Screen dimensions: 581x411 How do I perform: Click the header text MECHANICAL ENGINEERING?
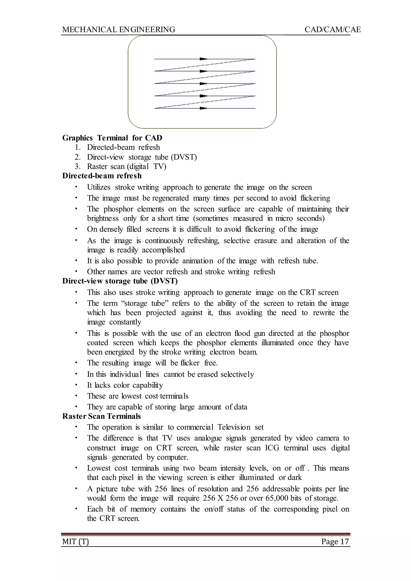pyautogui.click(x=118, y=30)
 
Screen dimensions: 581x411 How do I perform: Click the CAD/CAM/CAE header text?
pyautogui.click(x=333, y=30)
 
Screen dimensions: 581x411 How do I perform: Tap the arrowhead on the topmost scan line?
pyautogui.click(x=203, y=59)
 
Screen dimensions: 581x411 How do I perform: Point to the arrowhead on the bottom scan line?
pyautogui.click(x=203, y=108)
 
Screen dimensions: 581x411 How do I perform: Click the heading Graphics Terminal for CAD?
pyautogui.click(x=112, y=138)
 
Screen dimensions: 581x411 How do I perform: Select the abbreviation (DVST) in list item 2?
pyautogui.click(x=184, y=157)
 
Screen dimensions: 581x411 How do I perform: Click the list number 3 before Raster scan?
pyautogui.click(x=77, y=167)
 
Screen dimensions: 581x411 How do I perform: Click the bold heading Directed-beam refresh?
pyautogui.click(x=102, y=176)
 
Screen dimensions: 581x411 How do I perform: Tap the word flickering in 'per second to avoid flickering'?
pyautogui.click(x=315, y=198)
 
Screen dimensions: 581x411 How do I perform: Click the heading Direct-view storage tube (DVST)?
pyautogui.click(x=120, y=281)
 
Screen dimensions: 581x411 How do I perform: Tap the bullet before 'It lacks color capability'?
pyautogui.click(x=76, y=385)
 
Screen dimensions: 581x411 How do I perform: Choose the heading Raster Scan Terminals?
pyautogui.click(x=102, y=416)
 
